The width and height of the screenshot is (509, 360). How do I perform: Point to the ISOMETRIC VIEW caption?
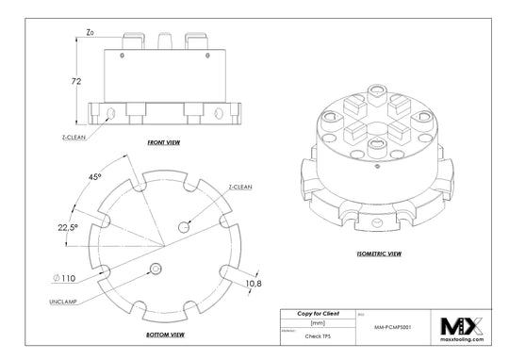pos(381,254)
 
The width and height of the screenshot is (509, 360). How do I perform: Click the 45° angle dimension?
pos(95,176)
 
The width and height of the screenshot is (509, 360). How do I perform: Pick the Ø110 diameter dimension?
pos(64,277)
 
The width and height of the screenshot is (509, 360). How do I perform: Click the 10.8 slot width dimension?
pos(254,283)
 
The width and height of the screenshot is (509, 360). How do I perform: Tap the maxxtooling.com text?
pos(461,339)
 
